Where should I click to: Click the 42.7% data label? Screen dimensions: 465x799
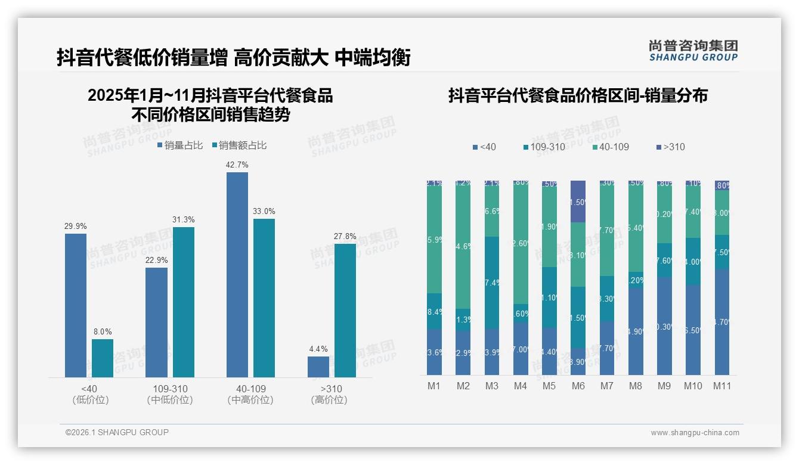click(237, 165)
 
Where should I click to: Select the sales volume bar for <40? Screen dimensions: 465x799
click(76, 305)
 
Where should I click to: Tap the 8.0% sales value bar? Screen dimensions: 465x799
click(103, 358)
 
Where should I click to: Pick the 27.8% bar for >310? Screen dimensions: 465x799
click(345, 310)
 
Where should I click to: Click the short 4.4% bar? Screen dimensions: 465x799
click(318, 367)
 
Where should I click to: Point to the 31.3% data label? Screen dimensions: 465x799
click(184, 219)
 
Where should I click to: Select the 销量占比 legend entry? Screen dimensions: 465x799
click(180, 145)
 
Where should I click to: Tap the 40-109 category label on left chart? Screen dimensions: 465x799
click(250, 389)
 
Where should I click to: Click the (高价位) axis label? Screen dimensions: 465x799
click(329, 400)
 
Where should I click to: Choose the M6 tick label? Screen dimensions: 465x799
click(578, 386)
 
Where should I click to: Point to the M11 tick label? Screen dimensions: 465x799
click(722, 386)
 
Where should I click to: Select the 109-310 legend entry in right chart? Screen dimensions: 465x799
click(544, 147)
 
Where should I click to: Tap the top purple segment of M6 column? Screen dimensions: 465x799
click(578, 201)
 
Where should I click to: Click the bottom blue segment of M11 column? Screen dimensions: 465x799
click(722, 322)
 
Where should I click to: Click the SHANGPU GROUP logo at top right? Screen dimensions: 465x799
click(693, 51)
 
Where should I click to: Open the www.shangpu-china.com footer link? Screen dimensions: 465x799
click(695, 432)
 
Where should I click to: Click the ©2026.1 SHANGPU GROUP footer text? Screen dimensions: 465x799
click(117, 432)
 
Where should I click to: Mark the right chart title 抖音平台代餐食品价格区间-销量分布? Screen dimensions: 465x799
click(578, 95)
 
